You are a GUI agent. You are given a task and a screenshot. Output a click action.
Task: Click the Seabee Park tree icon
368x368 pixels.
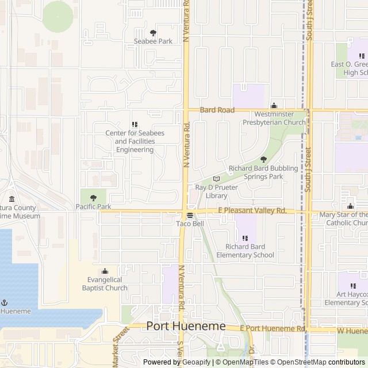(x=153, y=33)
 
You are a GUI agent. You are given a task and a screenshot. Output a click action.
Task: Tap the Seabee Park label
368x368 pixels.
(x=153, y=41)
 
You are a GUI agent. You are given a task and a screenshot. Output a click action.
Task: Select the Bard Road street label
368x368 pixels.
(x=217, y=110)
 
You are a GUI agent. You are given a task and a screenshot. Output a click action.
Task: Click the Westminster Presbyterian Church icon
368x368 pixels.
(x=274, y=106)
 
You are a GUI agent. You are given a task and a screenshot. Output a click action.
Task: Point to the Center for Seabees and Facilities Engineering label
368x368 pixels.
(x=135, y=141)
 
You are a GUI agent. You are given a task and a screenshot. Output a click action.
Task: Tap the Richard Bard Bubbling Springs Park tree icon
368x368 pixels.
(x=264, y=160)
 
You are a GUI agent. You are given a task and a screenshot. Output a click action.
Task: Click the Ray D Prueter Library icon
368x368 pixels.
(x=216, y=179)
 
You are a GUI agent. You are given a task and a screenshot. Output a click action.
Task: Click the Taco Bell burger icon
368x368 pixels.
(x=190, y=216)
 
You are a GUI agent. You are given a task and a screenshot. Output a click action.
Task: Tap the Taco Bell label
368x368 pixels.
(x=190, y=224)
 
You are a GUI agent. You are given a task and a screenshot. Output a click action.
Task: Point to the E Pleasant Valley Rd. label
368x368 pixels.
(x=252, y=211)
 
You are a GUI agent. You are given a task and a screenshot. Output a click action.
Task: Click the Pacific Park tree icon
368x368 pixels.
(x=93, y=198)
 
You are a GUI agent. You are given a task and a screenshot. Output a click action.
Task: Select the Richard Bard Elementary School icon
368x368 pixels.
(x=245, y=238)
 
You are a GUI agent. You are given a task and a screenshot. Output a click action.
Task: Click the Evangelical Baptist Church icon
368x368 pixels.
(x=105, y=271)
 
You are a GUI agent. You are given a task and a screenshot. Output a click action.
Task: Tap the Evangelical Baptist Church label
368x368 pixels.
(x=105, y=283)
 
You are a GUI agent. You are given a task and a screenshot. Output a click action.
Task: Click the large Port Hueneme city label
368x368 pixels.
(x=186, y=326)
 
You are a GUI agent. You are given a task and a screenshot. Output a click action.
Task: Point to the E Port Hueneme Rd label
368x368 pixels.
(x=273, y=328)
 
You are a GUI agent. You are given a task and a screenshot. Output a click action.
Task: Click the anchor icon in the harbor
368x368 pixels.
(x=5, y=302)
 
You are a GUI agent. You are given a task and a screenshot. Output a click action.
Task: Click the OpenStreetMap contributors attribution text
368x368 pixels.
(x=320, y=362)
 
